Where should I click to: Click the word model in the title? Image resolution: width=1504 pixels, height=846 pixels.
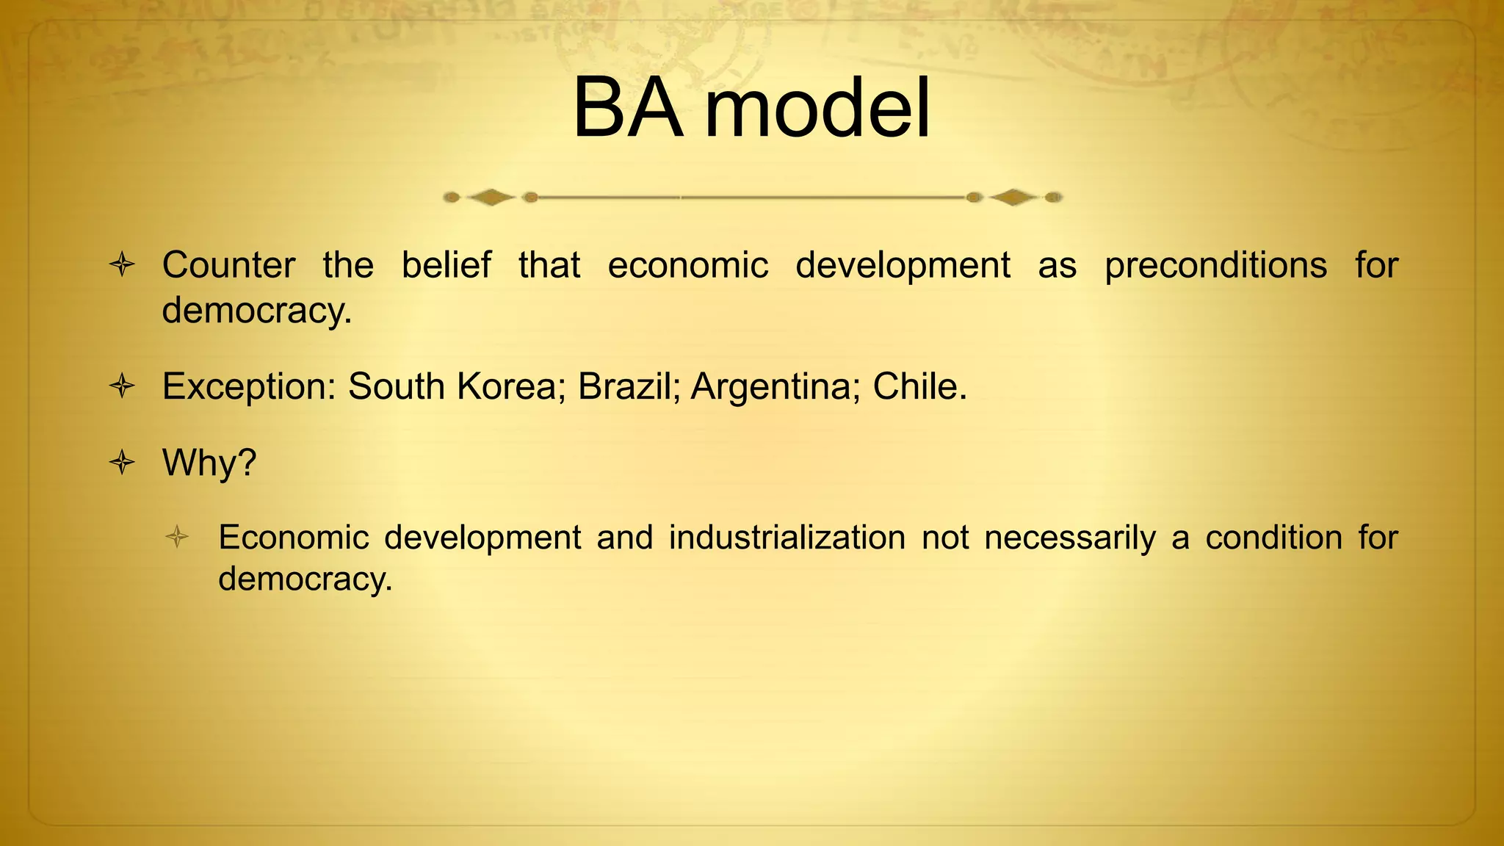[817, 109]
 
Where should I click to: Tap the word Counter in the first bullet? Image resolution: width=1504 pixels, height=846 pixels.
[228, 265]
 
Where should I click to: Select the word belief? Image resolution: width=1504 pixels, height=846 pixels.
[446, 265]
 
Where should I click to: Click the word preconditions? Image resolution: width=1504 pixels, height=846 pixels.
[1215, 265]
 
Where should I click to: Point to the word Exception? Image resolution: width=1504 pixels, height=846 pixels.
[248, 386]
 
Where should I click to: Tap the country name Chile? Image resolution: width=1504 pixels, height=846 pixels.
[919, 386]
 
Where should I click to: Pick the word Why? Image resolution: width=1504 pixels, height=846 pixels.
[209, 463]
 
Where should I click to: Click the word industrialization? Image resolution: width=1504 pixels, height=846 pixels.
[787, 538]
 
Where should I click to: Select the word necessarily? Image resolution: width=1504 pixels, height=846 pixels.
[1070, 538]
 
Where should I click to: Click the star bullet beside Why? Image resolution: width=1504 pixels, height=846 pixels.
[122, 463]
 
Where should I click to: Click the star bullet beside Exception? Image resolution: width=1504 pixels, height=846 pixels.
[122, 386]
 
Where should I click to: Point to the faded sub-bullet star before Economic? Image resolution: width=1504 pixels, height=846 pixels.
[177, 537]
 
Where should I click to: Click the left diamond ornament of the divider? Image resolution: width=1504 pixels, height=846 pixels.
[491, 197]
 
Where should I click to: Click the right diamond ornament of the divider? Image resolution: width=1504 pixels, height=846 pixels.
[1013, 197]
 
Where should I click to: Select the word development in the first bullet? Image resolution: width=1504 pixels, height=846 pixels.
[903, 265]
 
